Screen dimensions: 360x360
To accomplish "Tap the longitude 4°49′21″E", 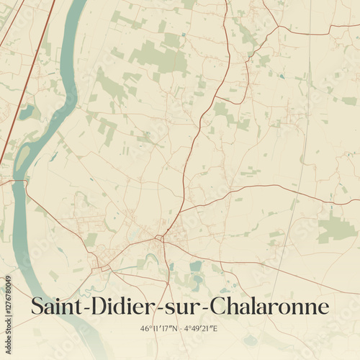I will [x=201, y=328].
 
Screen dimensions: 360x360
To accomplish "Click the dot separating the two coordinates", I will [x=180, y=329].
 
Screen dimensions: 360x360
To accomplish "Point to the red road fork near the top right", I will [x=277, y=29].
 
